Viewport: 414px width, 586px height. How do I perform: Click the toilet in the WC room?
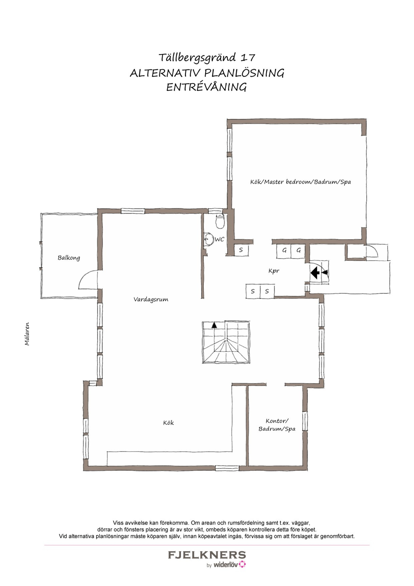(x=220, y=221)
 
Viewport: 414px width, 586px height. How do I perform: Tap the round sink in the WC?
(x=209, y=239)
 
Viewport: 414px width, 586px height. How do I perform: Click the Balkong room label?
(x=69, y=258)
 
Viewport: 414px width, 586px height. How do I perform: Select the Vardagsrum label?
(x=151, y=299)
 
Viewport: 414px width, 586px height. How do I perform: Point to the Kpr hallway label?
(x=274, y=271)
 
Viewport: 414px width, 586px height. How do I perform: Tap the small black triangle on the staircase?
(x=214, y=325)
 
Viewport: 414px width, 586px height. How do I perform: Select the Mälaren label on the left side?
(x=27, y=334)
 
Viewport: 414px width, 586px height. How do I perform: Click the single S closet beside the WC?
(x=241, y=250)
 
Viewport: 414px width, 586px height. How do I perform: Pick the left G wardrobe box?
(x=284, y=251)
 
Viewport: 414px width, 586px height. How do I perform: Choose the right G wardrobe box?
(x=298, y=251)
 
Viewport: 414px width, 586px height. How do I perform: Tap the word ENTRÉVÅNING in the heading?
(x=206, y=87)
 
